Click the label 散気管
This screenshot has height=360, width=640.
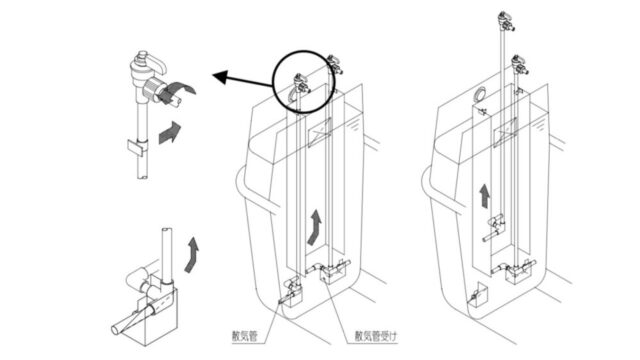tap(245, 336)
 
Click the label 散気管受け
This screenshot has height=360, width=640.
tap(376, 336)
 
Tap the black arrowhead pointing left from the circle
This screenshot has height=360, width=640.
tap(221, 77)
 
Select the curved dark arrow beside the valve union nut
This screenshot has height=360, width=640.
tap(179, 92)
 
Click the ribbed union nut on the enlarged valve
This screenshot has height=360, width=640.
tap(153, 87)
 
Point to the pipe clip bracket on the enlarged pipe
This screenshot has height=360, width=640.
tap(138, 147)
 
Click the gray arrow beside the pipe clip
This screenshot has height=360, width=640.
tap(169, 132)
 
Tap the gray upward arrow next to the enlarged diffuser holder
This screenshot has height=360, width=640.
tap(192, 254)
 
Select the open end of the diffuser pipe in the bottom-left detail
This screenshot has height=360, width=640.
tap(116, 329)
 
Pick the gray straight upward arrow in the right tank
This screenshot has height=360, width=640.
tap(484, 196)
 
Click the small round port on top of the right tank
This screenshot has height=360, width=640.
tap(479, 93)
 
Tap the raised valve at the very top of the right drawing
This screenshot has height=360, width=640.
tap(506, 21)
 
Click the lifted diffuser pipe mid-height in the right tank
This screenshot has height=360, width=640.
tap(495, 229)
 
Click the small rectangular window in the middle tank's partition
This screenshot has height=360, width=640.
tap(319, 132)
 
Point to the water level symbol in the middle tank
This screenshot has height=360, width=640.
tap(353, 124)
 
